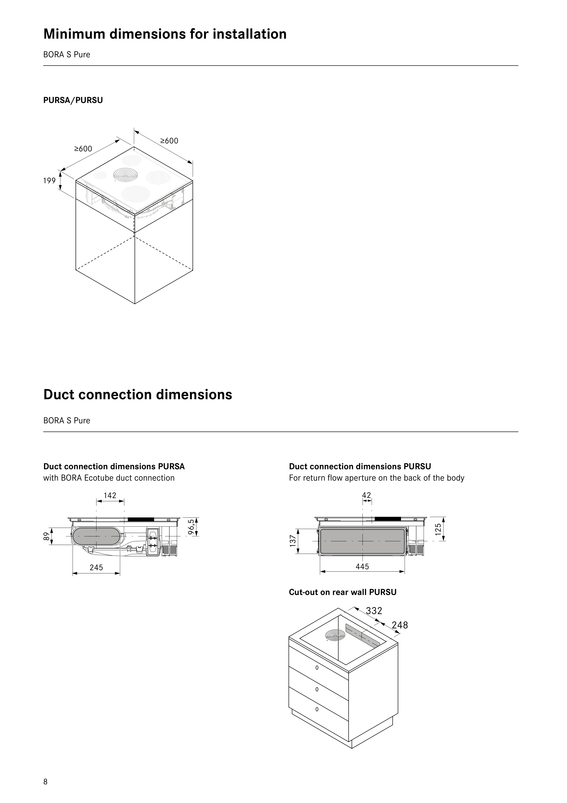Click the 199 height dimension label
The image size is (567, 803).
click(x=49, y=181)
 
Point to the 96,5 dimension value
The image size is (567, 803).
click(x=190, y=527)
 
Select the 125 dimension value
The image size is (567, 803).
click(x=438, y=528)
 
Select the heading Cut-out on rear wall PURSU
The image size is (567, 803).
click(x=342, y=592)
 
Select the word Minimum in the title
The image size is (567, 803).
click(x=74, y=34)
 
